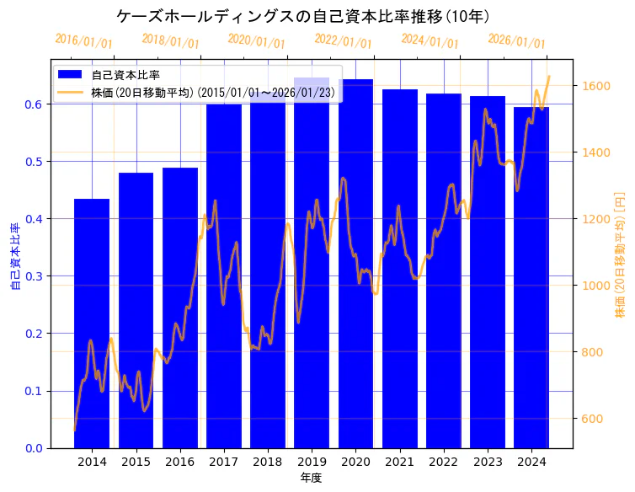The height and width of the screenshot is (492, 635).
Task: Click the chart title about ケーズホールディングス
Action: [303, 16]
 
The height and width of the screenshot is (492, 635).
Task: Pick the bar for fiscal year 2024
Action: [531, 277]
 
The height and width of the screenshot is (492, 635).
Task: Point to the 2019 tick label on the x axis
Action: [312, 462]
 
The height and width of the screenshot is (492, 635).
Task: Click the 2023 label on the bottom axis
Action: [488, 462]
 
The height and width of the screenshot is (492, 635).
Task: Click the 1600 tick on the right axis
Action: [595, 86]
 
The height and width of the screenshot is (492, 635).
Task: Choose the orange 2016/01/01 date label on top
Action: [83, 40]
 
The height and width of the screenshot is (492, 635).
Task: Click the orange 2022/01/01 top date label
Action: [343, 40]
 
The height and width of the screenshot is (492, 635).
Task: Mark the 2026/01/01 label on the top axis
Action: [516, 41]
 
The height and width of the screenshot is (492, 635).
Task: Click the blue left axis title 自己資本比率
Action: [14, 257]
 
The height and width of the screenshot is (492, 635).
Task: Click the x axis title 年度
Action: [311, 478]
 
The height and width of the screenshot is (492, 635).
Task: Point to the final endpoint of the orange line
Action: [549, 77]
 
